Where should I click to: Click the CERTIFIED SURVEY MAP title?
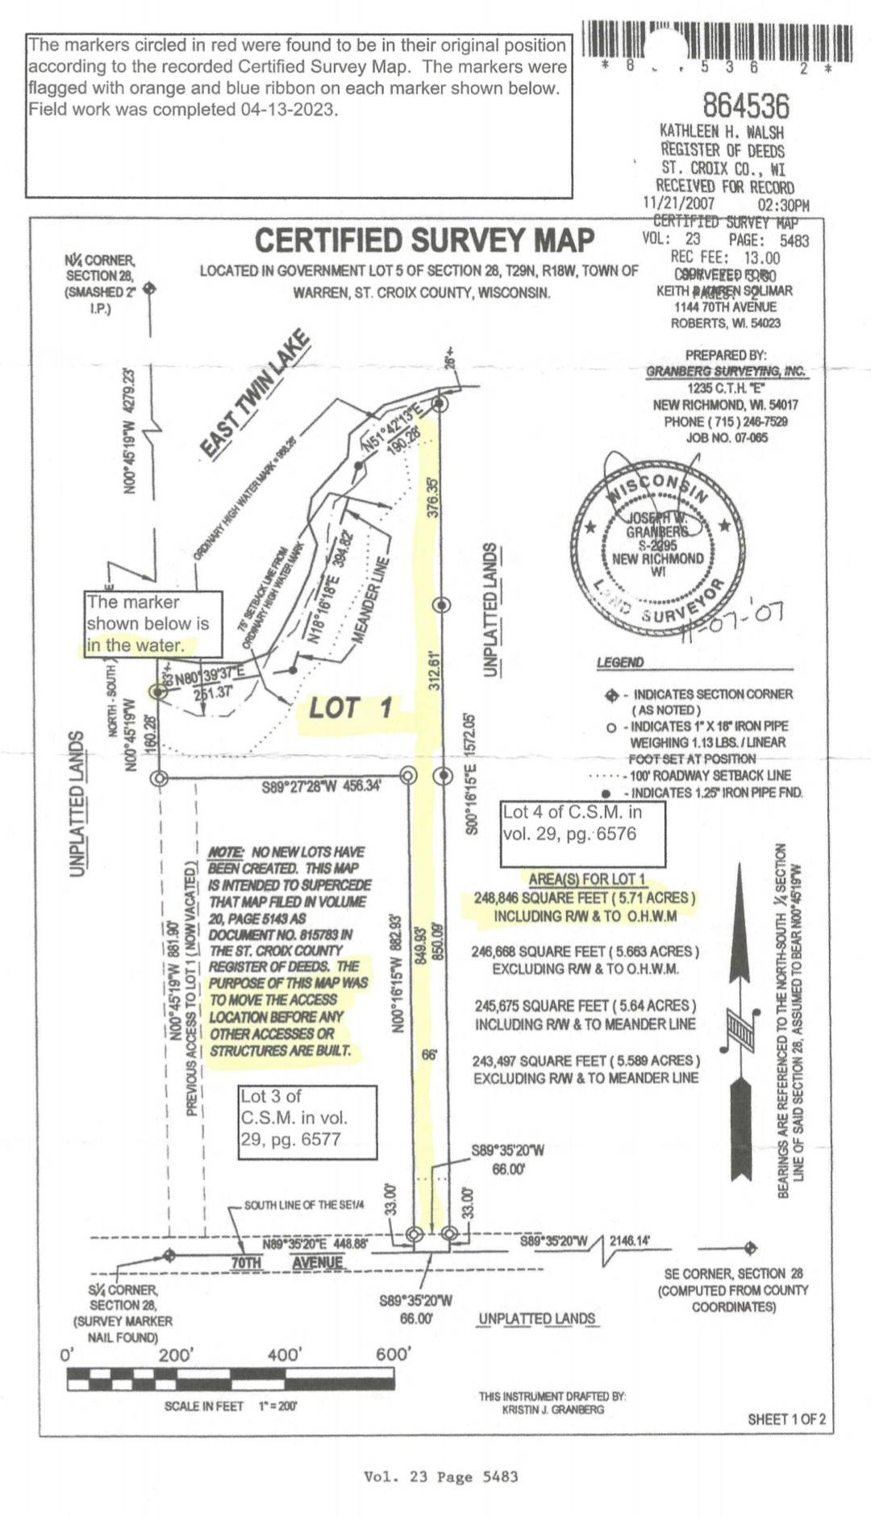pyautogui.click(x=424, y=240)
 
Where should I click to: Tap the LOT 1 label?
pyautogui.click(x=351, y=708)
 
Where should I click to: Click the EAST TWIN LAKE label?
pyautogui.click(x=254, y=394)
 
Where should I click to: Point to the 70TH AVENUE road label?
pyautogui.click(x=287, y=1262)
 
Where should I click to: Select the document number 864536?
pyautogui.click(x=745, y=106)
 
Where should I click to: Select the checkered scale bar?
pyautogui.click(x=231, y=1379)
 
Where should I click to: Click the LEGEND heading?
pyautogui.click(x=620, y=662)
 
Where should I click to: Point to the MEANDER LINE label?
pyautogui.click(x=369, y=600)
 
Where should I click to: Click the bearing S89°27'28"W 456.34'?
pyautogui.click(x=321, y=786)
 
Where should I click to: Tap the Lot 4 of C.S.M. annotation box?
pyautogui.click(x=582, y=823)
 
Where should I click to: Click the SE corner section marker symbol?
pyautogui.click(x=750, y=1248)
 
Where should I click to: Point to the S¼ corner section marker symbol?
pyautogui.click(x=169, y=1255)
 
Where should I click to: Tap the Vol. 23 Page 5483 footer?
pyautogui.click(x=440, y=1477)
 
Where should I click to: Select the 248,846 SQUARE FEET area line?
pyautogui.click(x=584, y=898)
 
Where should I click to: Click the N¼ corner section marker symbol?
pyautogui.click(x=149, y=288)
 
